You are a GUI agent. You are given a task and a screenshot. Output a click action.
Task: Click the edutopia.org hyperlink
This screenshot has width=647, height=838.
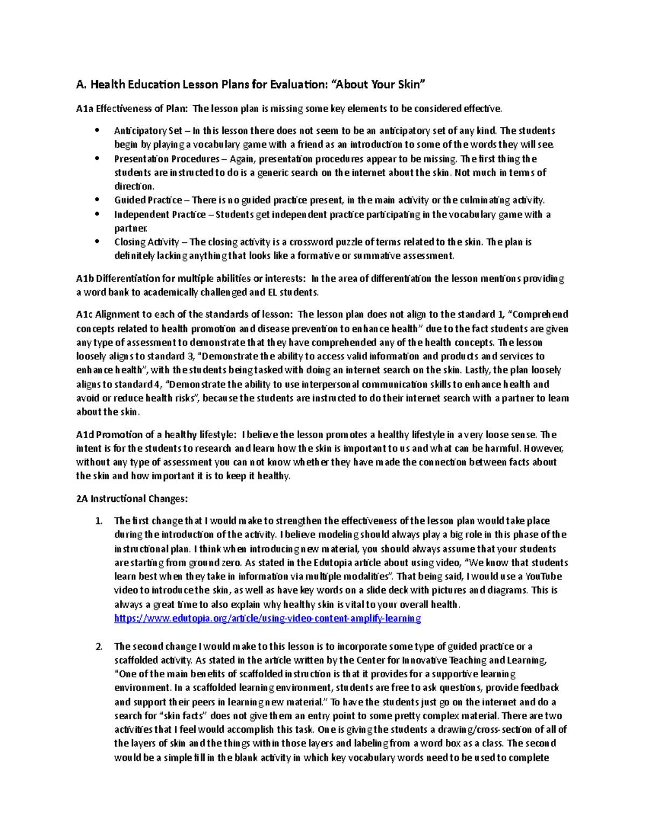pos(267,618)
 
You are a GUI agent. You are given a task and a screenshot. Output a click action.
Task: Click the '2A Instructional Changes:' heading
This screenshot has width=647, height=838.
pos(132,499)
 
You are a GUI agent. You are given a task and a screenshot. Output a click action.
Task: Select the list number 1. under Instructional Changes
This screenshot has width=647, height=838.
pos(99,521)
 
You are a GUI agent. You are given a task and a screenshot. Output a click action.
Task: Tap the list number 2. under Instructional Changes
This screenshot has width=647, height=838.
pos(99,646)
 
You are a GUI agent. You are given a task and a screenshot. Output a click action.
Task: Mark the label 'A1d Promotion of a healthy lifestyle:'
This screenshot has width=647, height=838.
pos(156,434)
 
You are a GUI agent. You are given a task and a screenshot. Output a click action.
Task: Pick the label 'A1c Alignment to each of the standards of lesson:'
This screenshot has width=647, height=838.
pos(185,314)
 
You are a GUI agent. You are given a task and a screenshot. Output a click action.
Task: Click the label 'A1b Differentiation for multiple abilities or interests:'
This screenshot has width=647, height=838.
pos(191,278)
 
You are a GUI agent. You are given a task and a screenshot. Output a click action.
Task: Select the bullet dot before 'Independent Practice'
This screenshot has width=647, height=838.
pos(97,214)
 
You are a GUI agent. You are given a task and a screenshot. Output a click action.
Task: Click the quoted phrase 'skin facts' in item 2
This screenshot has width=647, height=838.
pos(183,716)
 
